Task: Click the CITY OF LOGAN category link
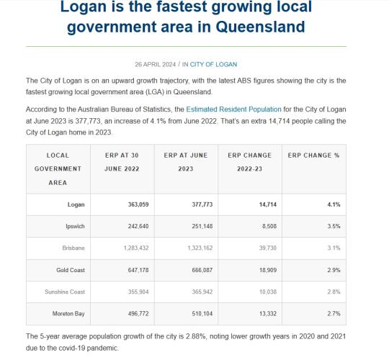click(214, 64)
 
